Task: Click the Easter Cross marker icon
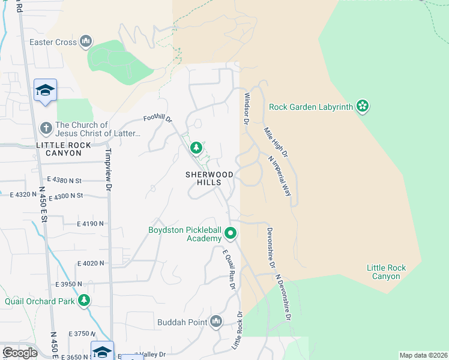tap(86, 42)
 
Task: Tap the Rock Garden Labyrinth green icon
tap(362, 107)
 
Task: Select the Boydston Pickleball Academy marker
tap(230, 233)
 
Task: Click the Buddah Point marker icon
tap(216, 322)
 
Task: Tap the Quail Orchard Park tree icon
tap(85, 301)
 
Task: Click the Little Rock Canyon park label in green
tap(386, 272)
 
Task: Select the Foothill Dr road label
tap(157, 119)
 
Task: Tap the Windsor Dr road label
tap(246, 109)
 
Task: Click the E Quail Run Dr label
tap(229, 271)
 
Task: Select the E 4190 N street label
tap(90, 223)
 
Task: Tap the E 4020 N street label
tap(91, 263)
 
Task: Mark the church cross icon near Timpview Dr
tap(46, 128)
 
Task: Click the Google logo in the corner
tap(20, 352)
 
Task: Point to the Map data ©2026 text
tap(423, 355)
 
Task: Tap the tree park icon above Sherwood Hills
tap(196, 148)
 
